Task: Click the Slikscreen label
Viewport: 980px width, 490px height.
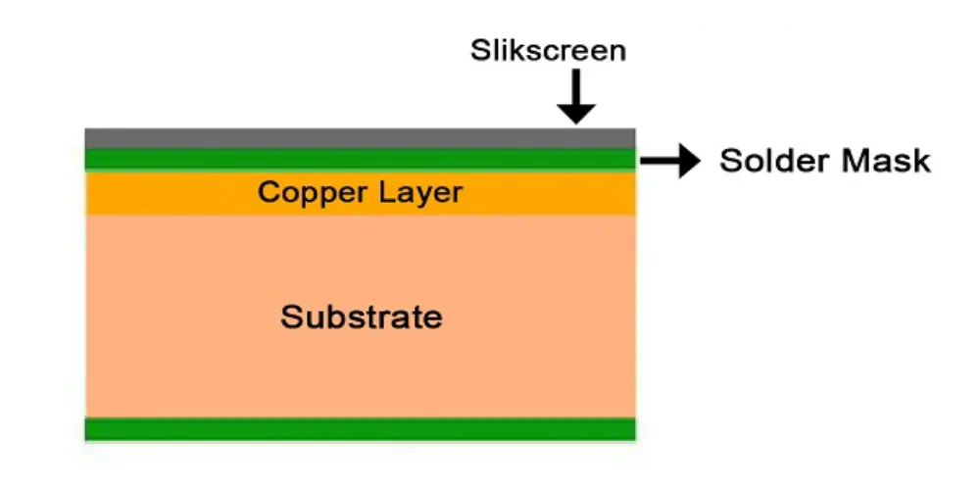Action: point(547,50)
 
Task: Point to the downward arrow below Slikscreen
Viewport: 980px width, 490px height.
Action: point(577,97)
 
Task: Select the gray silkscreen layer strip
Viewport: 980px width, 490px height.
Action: point(360,137)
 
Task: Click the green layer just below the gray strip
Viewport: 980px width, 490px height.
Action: point(360,159)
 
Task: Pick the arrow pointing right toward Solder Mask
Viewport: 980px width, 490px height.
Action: point(671,160)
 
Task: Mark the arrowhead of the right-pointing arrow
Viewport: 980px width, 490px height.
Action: point(691,160)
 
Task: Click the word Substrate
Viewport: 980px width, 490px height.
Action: point(361,317)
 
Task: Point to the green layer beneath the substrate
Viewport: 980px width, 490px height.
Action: point(360,429)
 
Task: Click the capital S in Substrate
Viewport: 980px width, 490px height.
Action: point(290,317)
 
